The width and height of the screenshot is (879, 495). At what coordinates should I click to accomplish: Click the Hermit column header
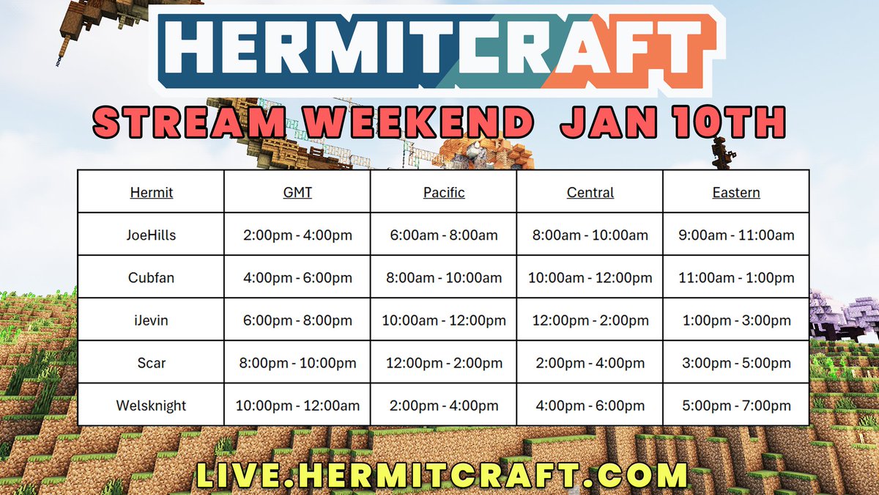point(151,193)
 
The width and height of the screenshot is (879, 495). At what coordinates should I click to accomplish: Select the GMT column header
point(297,193)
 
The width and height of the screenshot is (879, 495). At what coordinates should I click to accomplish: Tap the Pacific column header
point(444,193)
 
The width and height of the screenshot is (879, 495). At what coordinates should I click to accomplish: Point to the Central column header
point(590,193)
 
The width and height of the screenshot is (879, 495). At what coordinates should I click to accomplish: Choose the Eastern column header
point(736,193)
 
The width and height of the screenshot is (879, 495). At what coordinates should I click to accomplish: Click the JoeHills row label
point(151,235)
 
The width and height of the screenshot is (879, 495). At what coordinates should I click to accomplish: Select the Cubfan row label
point(151,278)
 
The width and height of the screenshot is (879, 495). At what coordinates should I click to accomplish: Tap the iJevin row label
point(151,320)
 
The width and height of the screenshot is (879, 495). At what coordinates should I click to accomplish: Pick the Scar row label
point(151,363)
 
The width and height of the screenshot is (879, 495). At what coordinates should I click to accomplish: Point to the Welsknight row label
point(151,406)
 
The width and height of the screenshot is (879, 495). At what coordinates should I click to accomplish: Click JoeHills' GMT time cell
point(297,235)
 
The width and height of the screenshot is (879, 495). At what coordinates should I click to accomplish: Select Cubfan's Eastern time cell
point(736,278)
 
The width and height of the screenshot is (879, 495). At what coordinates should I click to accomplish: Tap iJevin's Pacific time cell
point(444,320)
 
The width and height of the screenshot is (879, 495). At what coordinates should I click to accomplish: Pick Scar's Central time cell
point(590,363)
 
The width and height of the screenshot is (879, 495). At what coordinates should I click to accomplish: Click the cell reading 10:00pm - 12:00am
point(297,406)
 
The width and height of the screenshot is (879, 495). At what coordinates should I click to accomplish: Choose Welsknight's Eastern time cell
point(736,406)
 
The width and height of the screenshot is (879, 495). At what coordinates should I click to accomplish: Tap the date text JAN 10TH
point(672,122)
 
